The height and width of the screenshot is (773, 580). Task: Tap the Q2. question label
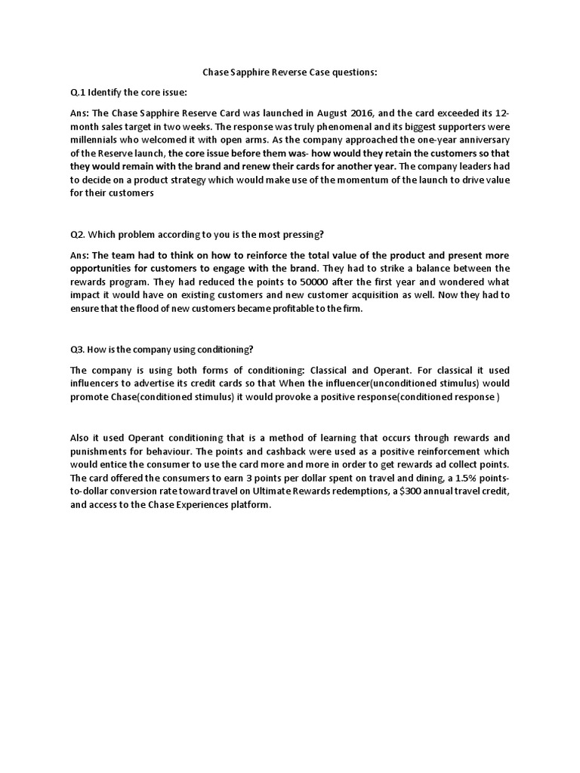pos(78,233)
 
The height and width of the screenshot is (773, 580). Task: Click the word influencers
pos(100,383)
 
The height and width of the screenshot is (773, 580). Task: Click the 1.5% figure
pos(451,478)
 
